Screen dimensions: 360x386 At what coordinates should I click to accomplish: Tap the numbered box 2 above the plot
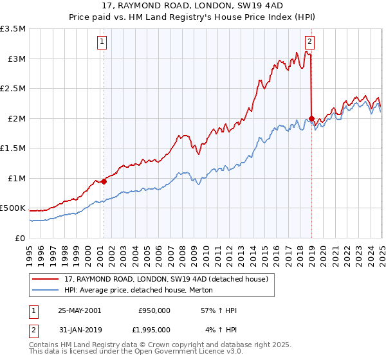310,42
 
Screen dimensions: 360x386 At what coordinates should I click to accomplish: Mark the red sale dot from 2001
104,181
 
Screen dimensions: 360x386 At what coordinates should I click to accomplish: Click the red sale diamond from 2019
311,119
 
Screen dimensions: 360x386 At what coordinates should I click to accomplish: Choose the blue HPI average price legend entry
142,291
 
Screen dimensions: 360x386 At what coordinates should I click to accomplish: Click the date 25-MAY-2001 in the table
80,310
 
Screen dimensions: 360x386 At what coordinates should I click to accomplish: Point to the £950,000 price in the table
154,310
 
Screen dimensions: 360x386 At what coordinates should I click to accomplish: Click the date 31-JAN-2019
80,330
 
